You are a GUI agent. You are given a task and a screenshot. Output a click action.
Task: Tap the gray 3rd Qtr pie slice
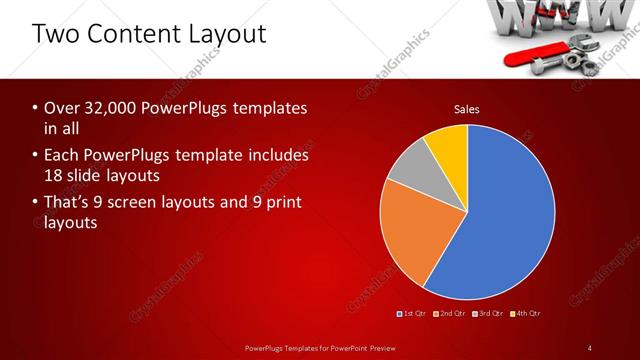409,176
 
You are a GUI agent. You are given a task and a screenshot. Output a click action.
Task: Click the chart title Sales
467,108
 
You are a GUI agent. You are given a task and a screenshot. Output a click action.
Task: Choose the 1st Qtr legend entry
414,314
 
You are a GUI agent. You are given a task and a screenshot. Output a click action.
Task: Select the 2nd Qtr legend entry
453,314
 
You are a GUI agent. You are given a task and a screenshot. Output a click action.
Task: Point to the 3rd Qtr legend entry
490,314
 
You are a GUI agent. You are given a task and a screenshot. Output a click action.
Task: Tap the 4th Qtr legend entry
526,314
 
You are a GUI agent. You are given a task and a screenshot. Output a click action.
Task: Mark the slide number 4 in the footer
590,347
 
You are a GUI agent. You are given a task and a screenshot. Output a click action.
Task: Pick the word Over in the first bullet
61,107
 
